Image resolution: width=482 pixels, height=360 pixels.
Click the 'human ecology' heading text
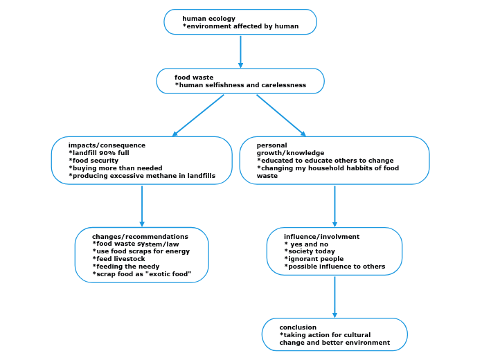coord(208,19)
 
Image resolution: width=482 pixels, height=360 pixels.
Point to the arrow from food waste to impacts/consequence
coord(198,115)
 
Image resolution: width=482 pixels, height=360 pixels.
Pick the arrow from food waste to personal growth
coord(281,115)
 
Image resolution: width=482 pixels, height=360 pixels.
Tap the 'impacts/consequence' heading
coord(107,145)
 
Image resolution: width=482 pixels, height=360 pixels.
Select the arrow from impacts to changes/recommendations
coord(142,206)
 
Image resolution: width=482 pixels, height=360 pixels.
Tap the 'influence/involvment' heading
coord(321,237)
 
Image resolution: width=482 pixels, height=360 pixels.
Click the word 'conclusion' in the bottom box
coord(298,327)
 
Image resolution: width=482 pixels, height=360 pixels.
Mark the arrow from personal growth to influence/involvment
coord(334,206)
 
